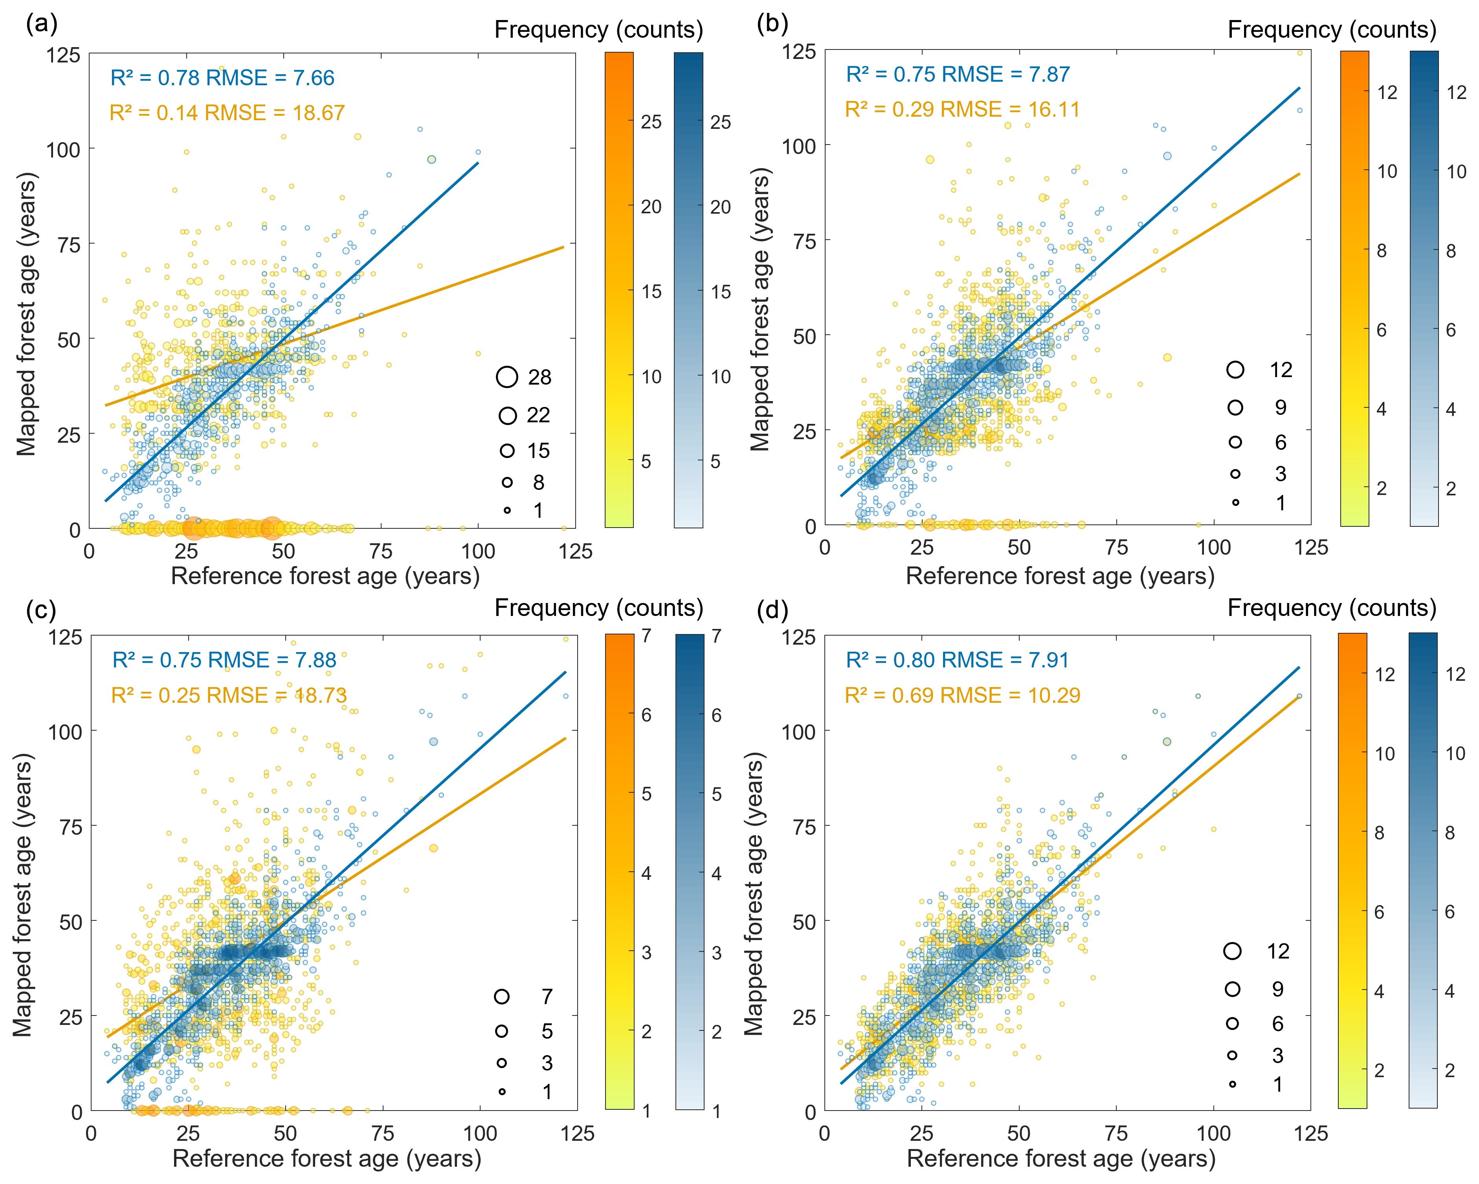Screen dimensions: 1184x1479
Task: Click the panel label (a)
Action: pyautogui.click(x=41, y=25)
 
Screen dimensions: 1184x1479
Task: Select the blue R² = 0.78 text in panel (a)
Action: pyautogui.click(x=156, y=78)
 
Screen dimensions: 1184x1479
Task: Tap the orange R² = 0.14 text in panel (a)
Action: pyautogui.click(x=156, y=113)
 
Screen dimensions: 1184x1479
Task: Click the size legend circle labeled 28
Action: pyautogui.click(x=507, y=377)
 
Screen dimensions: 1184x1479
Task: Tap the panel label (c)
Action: pyautogui.click(x=41, y=609)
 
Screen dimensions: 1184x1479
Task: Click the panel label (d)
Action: pyautogui.click(x=772, y=609)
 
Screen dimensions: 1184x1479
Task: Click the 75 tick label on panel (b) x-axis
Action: pyautogui.click(x=1116, y=547)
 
